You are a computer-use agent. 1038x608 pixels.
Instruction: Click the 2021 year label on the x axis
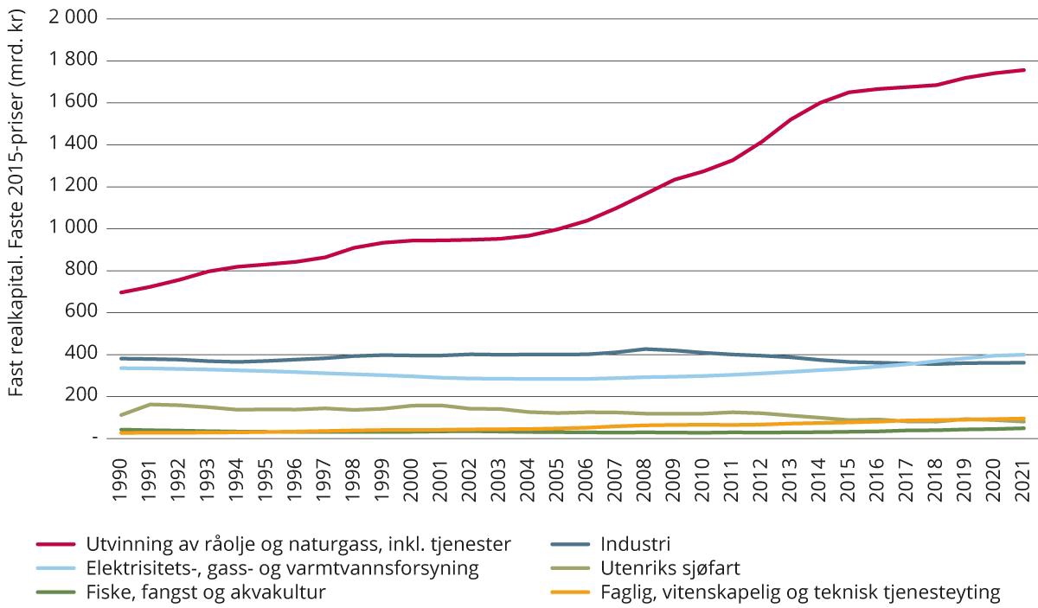pos(1024,475)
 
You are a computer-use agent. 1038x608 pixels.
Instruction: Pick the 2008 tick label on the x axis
pos(645,475)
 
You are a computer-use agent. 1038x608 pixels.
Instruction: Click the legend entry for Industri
pos(634,545)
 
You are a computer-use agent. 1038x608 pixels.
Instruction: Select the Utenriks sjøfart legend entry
pos(669,569)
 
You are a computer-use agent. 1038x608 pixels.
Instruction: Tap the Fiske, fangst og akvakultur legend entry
pos(205,593)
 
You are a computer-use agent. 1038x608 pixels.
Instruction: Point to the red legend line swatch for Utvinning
pos(58,545)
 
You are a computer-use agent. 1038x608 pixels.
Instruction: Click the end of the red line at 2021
pos(1024,70)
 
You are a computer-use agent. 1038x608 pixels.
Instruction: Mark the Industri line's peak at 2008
pos(645,349)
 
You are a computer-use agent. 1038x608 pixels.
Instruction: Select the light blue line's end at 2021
pos(1024,355)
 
